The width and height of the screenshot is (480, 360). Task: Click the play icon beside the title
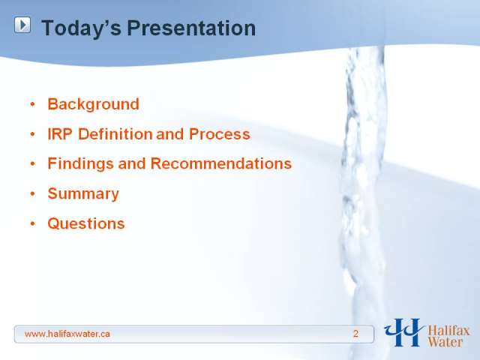click(22, 25)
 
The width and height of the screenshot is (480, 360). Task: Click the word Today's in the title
click(82, 28)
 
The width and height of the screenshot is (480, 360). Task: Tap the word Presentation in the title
click(191, 28)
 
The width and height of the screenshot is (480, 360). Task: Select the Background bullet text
click(93, 104)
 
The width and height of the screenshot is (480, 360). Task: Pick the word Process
click(220, 134)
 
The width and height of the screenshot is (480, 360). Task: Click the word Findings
click(80, 163)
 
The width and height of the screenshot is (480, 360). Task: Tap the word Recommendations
click(221, 163)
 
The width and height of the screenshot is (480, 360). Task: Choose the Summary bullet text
click(83, 193)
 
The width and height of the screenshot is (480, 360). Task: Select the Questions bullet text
click(86, 223)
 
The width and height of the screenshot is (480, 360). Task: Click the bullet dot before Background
click(33, 104)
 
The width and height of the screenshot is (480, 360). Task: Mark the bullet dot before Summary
click(33, 193)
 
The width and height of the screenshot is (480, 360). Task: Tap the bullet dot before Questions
click(33, 223)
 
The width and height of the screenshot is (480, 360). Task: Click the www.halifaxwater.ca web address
click(67, 334)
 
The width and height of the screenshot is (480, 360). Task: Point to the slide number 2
click(355, 334)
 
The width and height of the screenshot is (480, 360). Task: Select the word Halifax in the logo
click(448, 331)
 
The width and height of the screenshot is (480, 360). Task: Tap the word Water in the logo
click(445, 342)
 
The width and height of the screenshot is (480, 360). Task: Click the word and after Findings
click(132, 163)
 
